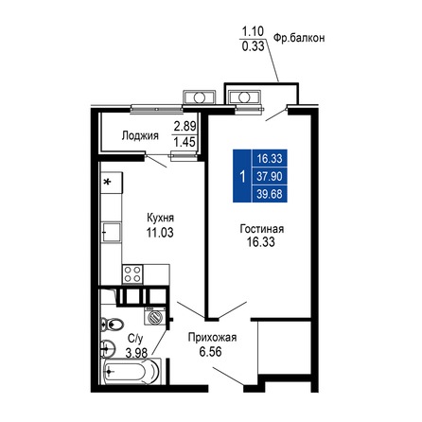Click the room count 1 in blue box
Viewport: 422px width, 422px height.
pos(244,177)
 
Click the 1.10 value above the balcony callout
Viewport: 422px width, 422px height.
pos(252,29)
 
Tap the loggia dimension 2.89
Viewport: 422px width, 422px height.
pos(185,125)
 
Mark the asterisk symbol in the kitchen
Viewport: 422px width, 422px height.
pos(107,179)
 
